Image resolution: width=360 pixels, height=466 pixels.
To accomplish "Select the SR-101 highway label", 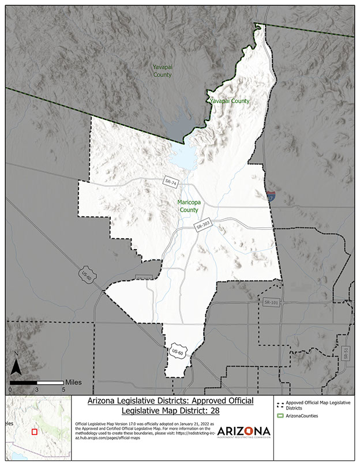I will (x=271, y=302).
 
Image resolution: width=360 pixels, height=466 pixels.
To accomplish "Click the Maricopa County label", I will (x=188, y=206).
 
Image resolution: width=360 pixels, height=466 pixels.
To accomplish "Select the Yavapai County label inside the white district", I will (x=230, y=102).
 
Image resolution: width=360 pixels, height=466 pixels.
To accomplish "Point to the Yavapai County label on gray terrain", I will (x=162, y=71).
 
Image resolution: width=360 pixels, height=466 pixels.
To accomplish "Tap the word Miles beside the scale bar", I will (x=73, y=382).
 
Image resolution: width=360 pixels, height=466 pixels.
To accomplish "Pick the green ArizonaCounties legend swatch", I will (x=281, y=415).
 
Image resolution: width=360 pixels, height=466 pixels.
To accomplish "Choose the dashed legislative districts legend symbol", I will (x=281, y=404).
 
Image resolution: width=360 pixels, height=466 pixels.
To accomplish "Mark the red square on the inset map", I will (x=34, y=431).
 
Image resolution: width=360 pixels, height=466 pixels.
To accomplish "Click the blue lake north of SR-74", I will (x=183, y=155).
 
